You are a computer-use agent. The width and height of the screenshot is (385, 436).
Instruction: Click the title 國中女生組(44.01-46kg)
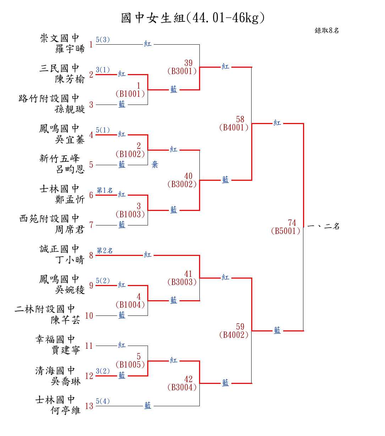tap(193, 18)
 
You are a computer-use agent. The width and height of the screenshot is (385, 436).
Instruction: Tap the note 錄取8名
tap(327, 30)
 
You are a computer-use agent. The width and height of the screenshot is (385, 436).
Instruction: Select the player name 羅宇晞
tap(70, 49)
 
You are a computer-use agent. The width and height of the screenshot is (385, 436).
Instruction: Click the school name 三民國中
tap(59, 68)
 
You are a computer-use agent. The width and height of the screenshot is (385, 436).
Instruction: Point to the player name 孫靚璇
tap(70, 109)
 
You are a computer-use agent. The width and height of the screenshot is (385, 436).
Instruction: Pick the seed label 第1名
tap(105, 190)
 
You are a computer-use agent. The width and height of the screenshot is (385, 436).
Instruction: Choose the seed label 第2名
tap(105, 251)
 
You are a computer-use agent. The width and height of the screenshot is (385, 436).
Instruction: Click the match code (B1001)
tap(130, 94)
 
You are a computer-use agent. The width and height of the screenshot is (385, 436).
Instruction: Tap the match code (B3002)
tap(182, 184)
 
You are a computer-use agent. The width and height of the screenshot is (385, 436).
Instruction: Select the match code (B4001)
tap(234, 128)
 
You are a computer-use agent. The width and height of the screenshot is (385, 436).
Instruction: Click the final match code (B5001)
tap(286, 231)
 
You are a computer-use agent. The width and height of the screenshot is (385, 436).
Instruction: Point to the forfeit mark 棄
tap(155, 164)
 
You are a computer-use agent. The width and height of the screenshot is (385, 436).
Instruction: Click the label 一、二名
tap(323, 226)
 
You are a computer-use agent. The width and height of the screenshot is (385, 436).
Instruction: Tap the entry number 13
tap(89, 406)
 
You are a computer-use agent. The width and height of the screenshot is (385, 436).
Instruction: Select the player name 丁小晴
tap(70, 260)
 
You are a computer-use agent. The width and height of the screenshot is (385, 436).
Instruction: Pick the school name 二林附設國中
tap(45, 309)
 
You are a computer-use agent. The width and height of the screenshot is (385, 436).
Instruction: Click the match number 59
tap(240, 326)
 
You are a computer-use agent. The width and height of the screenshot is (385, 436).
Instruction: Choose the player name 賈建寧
tap(66, 350)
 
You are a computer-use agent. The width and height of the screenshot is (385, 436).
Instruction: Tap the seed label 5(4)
tap(103, 401)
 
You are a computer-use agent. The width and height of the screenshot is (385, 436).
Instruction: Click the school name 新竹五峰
tap(59, 158)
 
